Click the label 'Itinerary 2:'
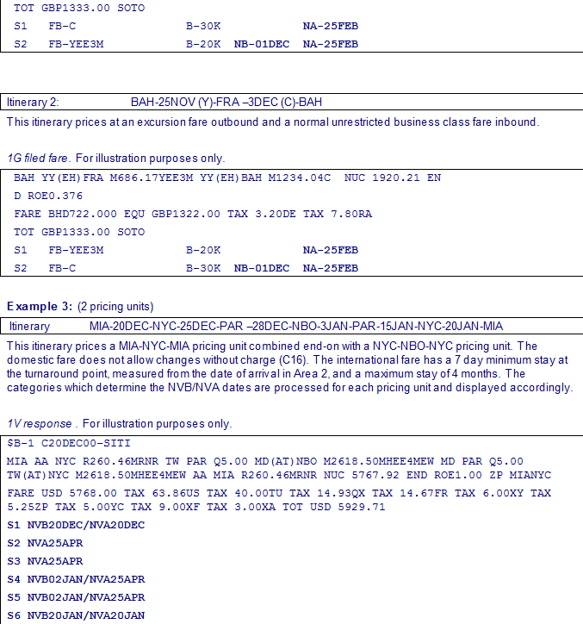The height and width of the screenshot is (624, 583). point(34,103)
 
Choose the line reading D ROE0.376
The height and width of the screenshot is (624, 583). point(48,196)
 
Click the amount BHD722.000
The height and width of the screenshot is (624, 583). point(84,214)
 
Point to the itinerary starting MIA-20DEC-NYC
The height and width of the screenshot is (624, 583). point(295,327)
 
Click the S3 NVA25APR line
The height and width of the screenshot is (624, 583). point(55,561)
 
